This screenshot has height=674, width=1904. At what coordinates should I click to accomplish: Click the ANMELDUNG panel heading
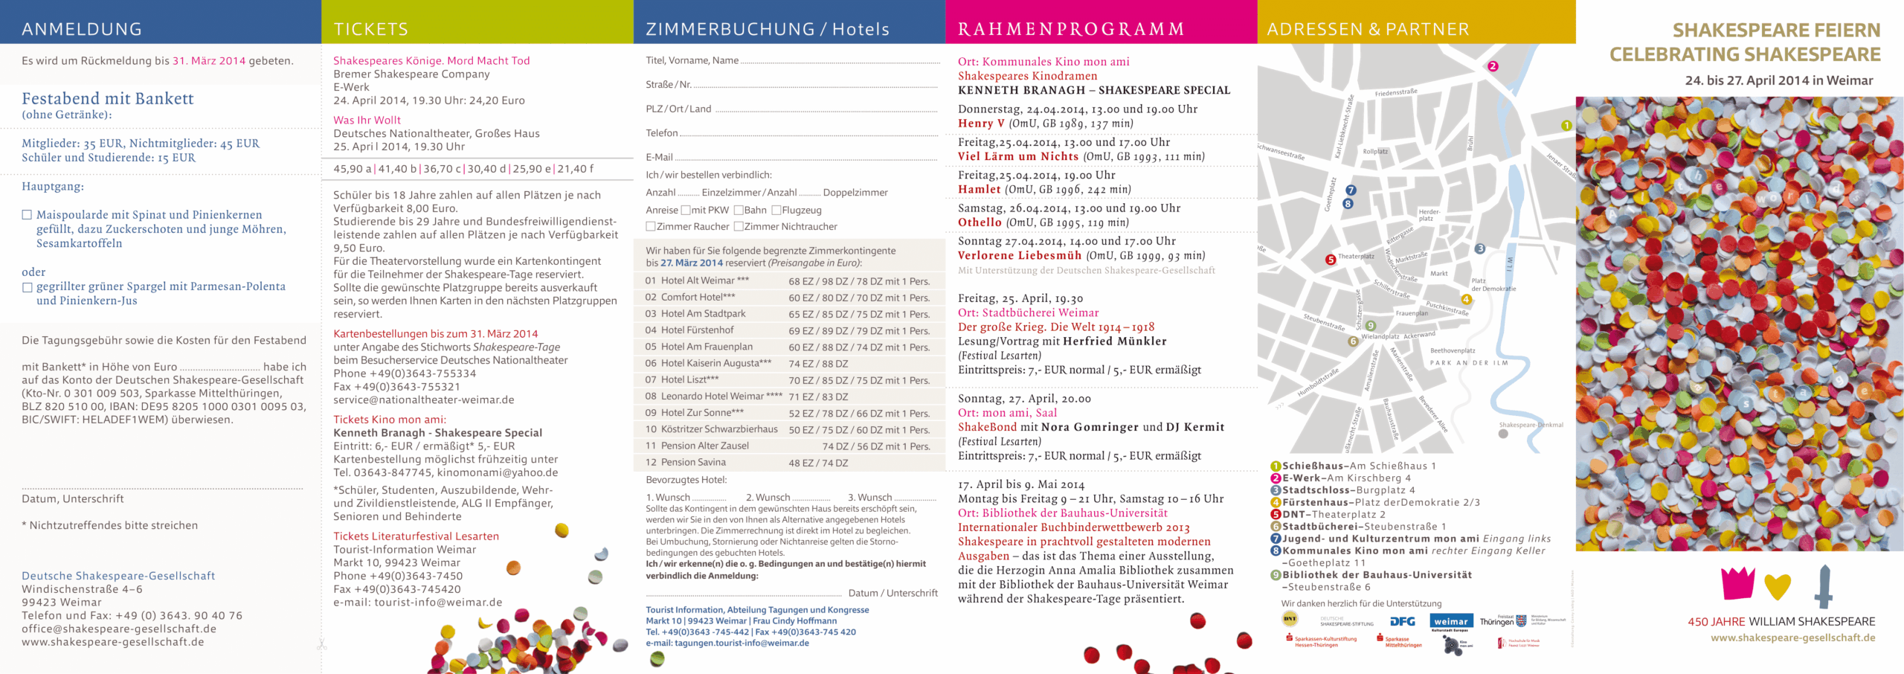point(82,29)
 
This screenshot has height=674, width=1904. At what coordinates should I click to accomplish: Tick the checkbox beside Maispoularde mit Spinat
point(28,215)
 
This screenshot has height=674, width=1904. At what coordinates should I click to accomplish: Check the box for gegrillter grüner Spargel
point(28,287)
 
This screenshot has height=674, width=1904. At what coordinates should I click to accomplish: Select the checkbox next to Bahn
point(739,211)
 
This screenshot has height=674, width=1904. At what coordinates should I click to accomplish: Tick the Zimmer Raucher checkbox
point(651,227)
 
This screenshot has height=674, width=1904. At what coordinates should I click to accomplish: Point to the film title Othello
point(980,222)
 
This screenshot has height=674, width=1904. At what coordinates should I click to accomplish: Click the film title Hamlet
point(979,190)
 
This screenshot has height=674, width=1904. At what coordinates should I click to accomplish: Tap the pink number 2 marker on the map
point(1492,66)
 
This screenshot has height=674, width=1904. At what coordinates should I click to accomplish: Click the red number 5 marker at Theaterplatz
point(1331,260)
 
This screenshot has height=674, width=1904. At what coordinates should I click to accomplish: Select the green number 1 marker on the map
point(1566,126)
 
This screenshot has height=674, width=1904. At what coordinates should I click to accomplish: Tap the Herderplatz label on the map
point(1429,215)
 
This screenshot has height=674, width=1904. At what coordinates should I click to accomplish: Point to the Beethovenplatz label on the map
point(1453,350)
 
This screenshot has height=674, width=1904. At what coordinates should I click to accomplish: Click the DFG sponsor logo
point(1402,621)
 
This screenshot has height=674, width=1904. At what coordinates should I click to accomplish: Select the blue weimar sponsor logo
point(1450,621)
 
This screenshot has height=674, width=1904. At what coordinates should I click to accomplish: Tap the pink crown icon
point(1738,583)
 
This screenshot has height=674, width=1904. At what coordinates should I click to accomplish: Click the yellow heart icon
point(1778,587)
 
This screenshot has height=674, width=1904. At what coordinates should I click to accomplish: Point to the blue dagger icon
point(1824,586)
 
